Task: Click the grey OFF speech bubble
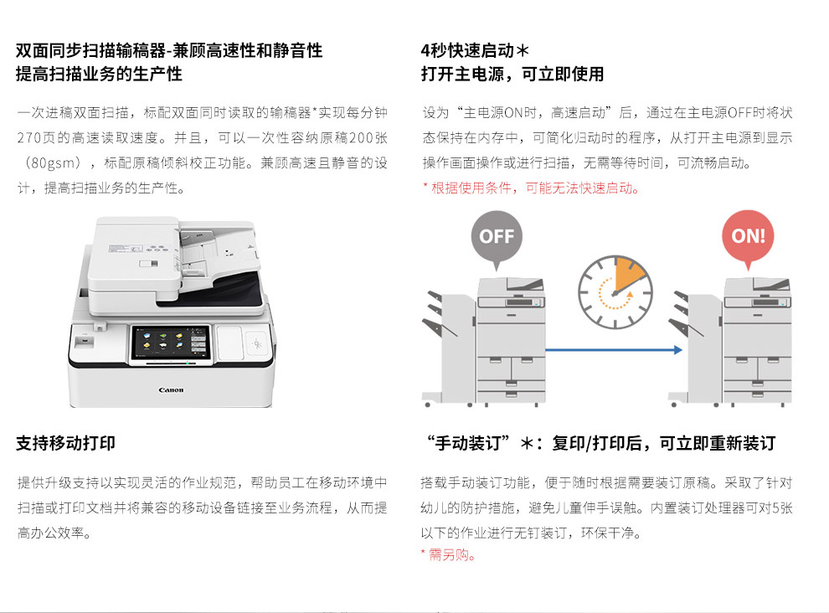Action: click(497, 237)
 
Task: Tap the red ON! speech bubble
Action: click(748, 237)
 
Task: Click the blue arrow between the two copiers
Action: click(614, 349)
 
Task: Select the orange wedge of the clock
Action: click(628, 274)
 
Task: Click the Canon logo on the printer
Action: click(171, 390)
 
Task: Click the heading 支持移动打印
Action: click(65, 443)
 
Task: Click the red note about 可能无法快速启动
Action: click(532, 188)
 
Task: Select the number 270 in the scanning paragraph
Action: click(29, 138)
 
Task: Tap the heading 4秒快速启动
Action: click(475, 50)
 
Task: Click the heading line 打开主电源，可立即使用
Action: click(512, 74)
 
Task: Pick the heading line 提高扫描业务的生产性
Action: click(99, 74)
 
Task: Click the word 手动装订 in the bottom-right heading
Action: click(468, 443)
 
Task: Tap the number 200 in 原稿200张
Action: click(361, 138)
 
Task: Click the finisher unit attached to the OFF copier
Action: click(449, 348)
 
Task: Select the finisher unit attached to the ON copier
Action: click(696, 348)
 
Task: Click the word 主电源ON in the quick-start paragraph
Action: click(492, 113)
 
